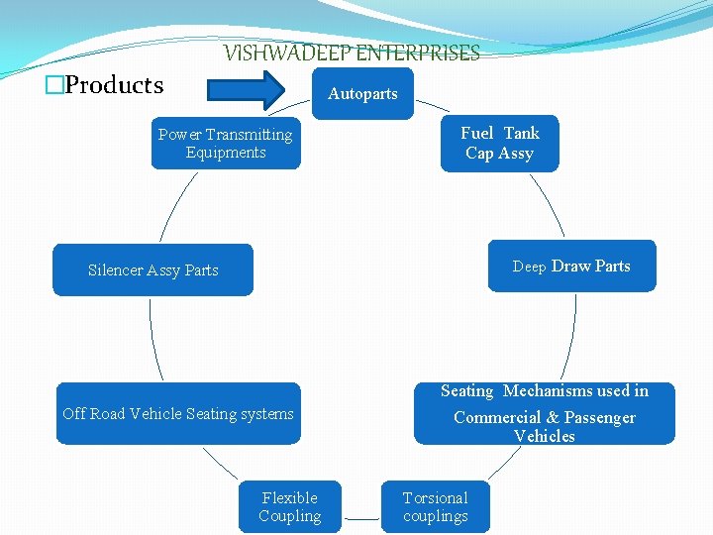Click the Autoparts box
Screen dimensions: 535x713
[x=362, y=93]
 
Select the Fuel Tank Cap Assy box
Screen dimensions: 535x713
[x=499, y=144]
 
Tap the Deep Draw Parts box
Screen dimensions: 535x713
[x=571, y=266]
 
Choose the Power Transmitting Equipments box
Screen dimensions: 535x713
[x=226, y=144]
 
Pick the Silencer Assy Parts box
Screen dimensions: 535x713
[x=153, y=269]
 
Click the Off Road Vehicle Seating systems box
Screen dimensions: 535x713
[x=178, y=413]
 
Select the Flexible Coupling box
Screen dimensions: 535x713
[x=290, y=507]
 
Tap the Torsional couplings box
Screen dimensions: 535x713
[x=436, y=507]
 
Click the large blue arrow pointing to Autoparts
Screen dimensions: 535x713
[x=248, y=92]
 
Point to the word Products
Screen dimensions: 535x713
[x=114, y=85]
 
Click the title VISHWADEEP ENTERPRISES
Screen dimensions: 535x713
[x=352, y=53]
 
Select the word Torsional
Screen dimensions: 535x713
[x=436, y=497]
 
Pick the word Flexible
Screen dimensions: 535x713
[x=290, y=497]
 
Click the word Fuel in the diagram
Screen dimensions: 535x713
[x=476, y=133]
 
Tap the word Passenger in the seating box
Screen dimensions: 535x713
[x=600, y=417]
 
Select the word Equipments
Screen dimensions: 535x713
[x=226, y=153]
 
